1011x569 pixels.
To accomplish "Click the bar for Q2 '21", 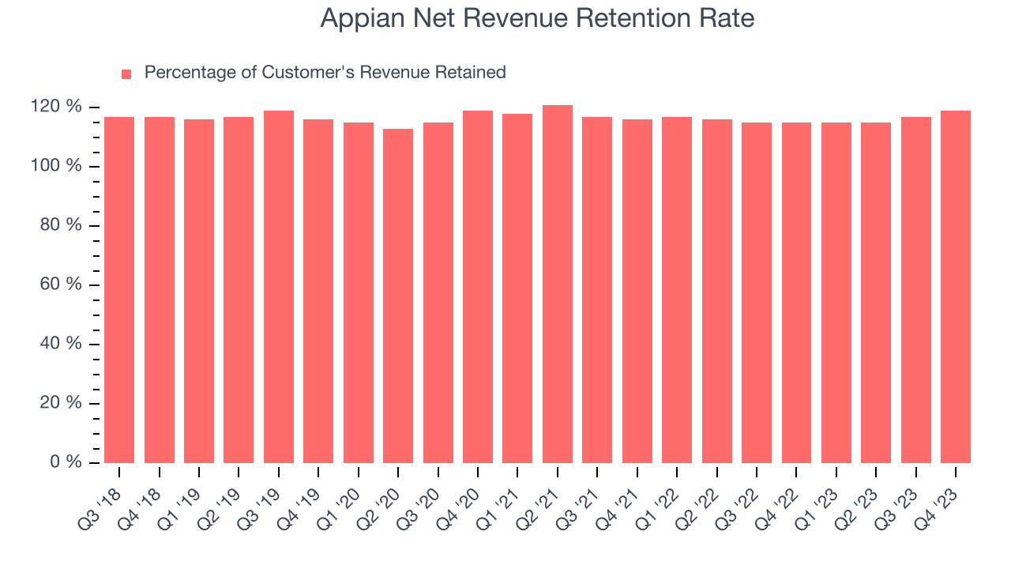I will point(557,284).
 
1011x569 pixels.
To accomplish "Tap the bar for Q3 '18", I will point(119,290).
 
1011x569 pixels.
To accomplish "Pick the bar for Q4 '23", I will point(956,287).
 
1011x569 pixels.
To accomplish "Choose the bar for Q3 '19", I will point(279,287).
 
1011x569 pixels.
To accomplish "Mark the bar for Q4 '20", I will point(478,287).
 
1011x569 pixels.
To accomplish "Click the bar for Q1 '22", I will point(677,290).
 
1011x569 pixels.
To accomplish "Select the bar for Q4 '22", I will point(796,292).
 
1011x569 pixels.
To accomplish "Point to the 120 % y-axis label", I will point(57,107).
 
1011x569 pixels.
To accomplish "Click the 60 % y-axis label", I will point(62,284).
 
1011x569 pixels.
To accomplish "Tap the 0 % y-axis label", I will point(66,462).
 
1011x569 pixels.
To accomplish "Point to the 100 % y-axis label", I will point(57,166).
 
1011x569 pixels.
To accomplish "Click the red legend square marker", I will point(126,73).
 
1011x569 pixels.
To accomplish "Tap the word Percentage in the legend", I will point(190,73).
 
